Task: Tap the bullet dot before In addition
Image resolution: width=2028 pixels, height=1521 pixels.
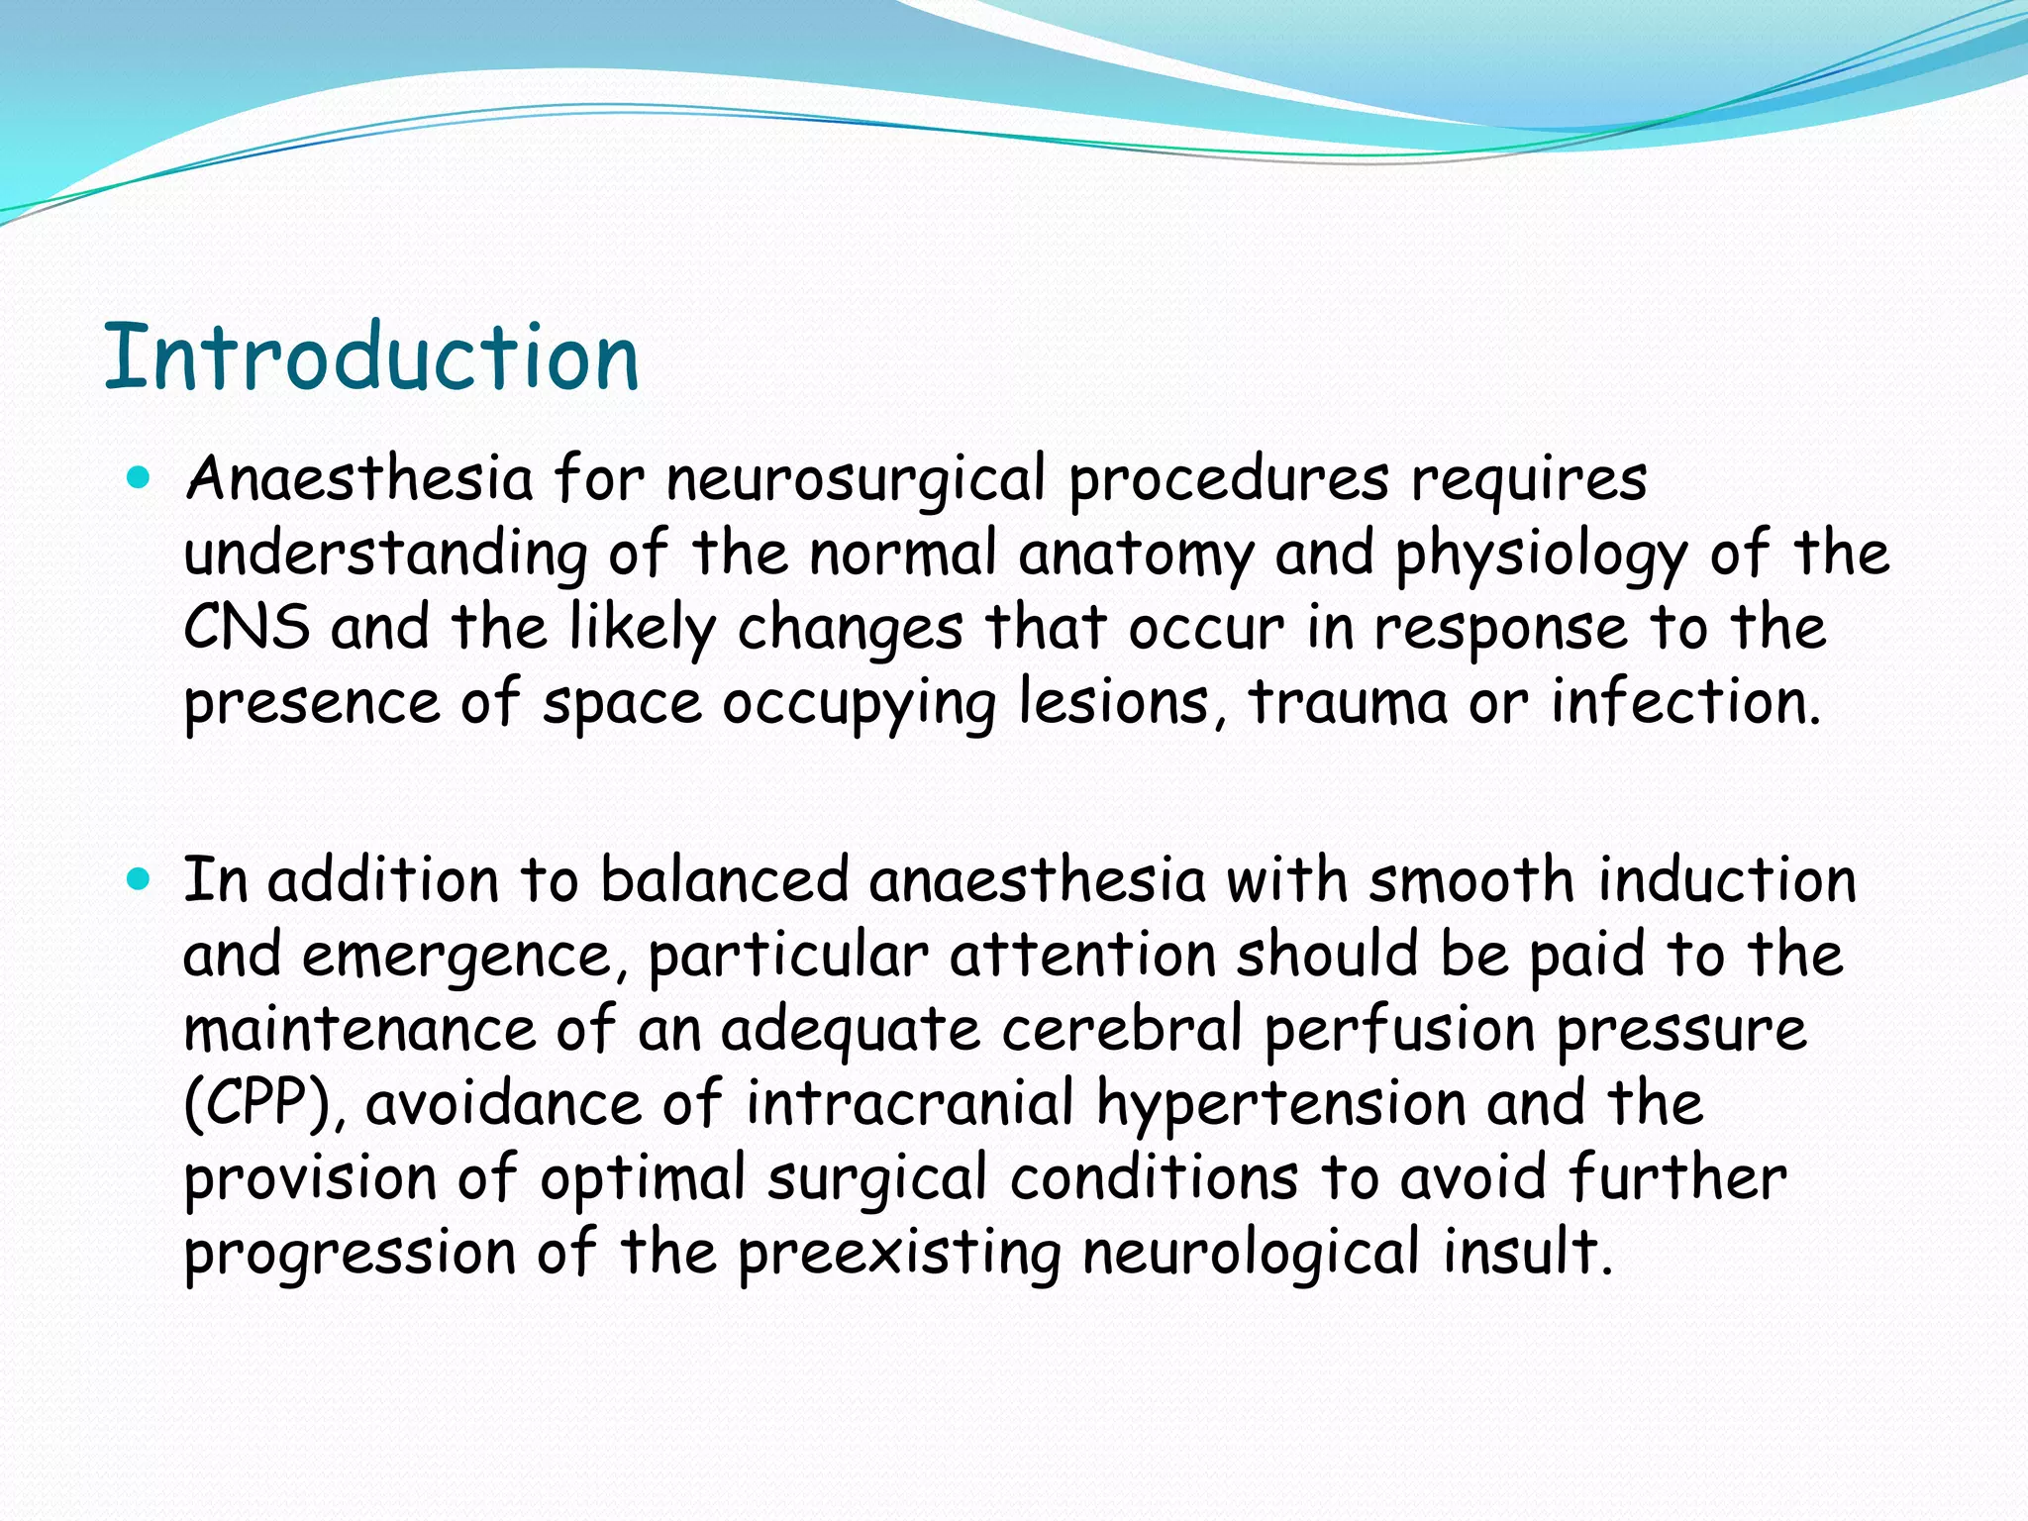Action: tap(139, 879)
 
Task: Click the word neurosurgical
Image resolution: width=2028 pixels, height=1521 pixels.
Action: tap(856, 479)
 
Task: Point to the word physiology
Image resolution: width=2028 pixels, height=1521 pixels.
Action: tap(1541, 555)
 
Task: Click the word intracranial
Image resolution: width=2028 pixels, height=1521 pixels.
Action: tap(910, 1103)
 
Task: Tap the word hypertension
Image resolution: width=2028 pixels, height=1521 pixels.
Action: tap(1281, 1105)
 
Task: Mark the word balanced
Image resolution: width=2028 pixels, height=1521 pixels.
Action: tap(725, 879)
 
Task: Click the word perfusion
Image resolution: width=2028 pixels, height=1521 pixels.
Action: tap(1399, 1031)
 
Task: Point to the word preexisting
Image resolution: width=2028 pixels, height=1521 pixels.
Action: tap(899, 1254)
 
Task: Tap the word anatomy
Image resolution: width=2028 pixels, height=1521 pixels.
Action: tap(1136, 555)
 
